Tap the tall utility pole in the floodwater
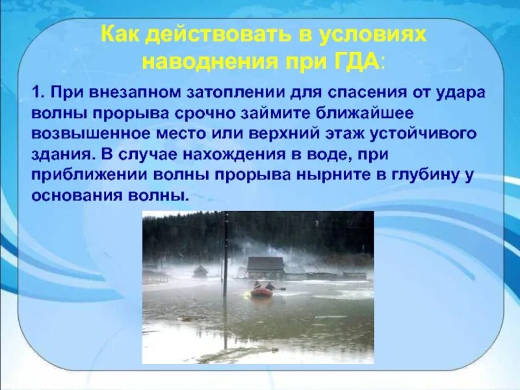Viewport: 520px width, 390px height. [226, 260]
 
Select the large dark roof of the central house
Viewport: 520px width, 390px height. [265, 263]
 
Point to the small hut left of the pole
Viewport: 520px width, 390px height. [200, 271]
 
